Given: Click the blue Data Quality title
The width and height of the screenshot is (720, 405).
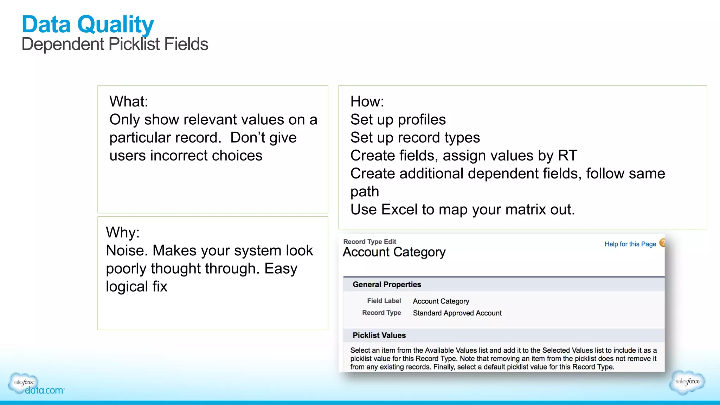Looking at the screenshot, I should pyautogui.click(x=88, y=25).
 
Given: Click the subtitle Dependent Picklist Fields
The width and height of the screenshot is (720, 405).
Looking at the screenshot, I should pyautogui.click(x=115, y=44).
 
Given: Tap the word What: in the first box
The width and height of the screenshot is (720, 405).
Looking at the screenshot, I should pyautogui.click(x=129, y=102).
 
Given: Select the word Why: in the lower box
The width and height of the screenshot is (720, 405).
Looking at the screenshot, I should pyautogui.click(x=123, y=233).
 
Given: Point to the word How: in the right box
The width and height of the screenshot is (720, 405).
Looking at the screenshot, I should pyautogui.click(x=367, y=102).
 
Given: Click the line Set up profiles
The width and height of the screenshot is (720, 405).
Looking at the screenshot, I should pyautogui.click(x=398, y=120).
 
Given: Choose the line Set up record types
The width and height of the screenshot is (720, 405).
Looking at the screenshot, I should pyautogui.click(x=415, y=138).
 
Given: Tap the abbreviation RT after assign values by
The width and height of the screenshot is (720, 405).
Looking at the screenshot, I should pyautogui.click(x=567, y=156).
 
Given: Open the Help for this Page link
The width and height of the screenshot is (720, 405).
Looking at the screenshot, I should pyautogui.click(x=630, y=244).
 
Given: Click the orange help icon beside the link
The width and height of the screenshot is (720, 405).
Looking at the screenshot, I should pyautogui.click(x=662, y=243).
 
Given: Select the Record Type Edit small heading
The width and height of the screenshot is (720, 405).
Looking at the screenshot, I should pyautogui.click(x=369, y=242).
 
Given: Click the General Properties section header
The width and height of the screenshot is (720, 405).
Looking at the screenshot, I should pyautogui.click(x=387, y=285).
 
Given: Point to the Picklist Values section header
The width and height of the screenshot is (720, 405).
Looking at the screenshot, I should pyautogui.click(x=379, y=335).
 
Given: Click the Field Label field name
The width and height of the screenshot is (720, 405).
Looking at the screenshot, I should pyautogui.click(x=384, y=301).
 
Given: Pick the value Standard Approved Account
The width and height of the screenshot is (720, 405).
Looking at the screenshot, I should pyautogui.click(x=457, y=313).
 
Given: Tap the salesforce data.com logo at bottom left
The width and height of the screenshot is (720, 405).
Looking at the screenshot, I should pyautogui.click(x=35, y=384).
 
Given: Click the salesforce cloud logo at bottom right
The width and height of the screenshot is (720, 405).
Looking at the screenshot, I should pyautogui.click(x=687, y=382).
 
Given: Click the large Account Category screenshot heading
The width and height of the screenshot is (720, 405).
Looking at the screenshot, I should pyautogui.click(x=394, y=252).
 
